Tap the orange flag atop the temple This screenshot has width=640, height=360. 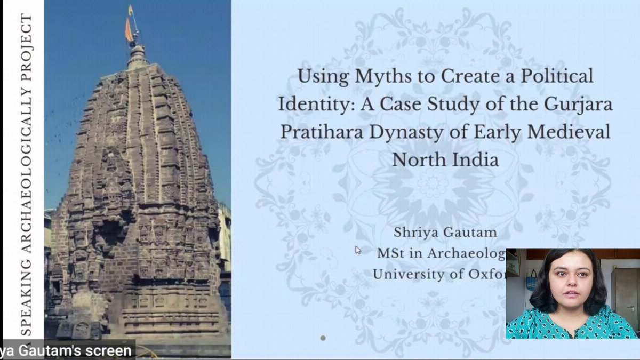click(129, 29)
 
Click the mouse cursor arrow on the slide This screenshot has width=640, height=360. click(358, 250)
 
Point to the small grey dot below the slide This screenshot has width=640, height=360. click(323, 338)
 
